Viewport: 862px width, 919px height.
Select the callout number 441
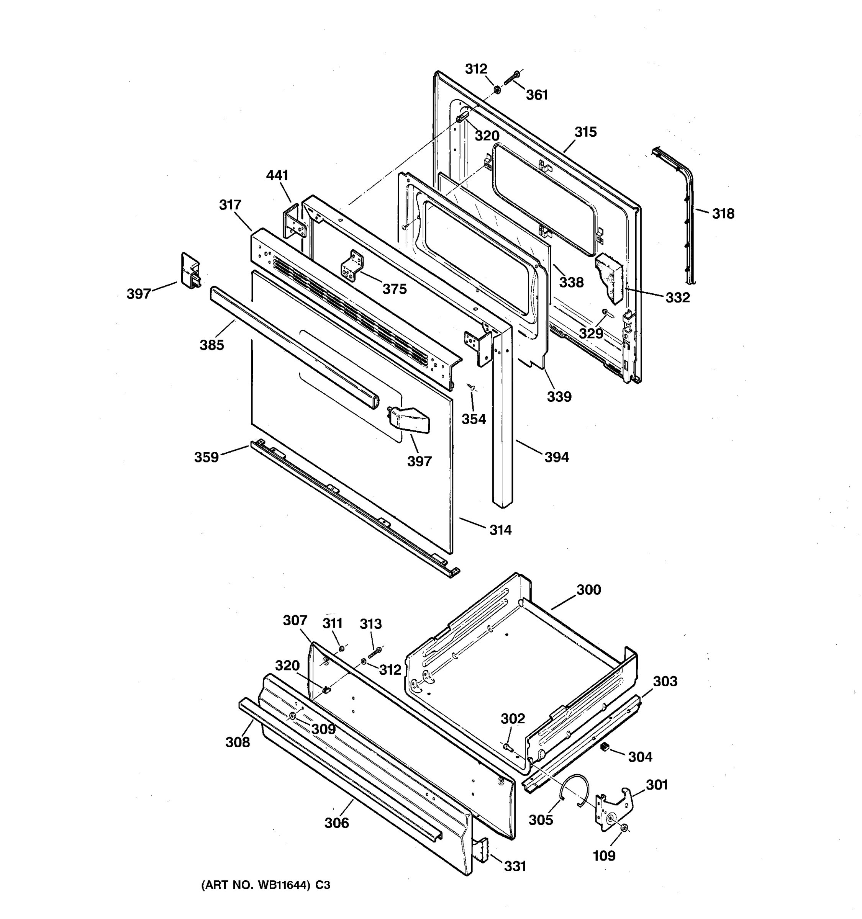pos(277,175)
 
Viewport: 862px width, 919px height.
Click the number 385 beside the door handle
pos(212,345)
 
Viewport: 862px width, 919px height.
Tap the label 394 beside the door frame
pos(556,457)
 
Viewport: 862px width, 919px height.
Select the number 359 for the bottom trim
pos(206,457)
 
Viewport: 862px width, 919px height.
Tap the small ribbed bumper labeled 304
pos(603,747)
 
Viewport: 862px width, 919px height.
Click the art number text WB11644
pos(283,885)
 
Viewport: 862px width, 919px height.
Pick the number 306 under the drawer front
pos(336,823)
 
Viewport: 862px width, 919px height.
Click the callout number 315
pos(585,132)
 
